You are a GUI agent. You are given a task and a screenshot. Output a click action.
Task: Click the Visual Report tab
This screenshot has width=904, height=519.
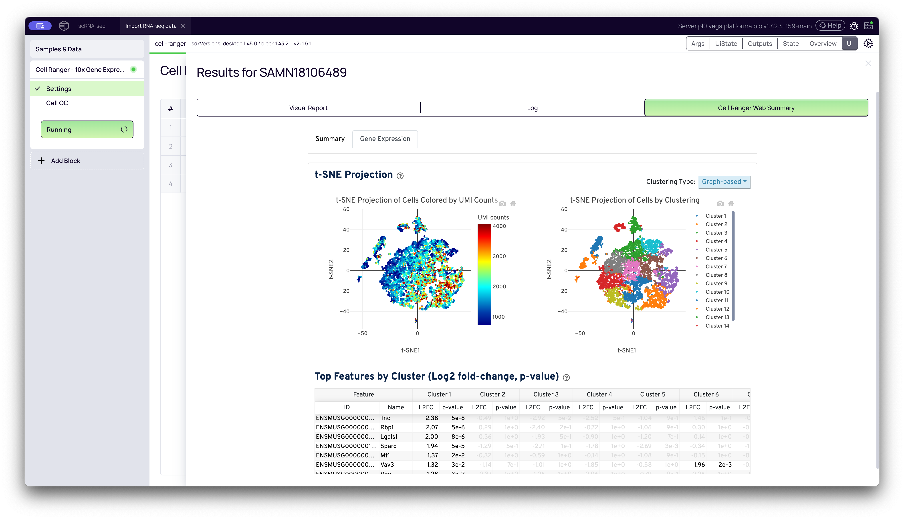[308, 108]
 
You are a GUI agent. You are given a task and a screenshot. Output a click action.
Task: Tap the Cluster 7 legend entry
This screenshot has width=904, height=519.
[716, 267]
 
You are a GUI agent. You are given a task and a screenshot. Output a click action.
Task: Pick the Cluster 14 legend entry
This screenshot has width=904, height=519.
[717, 326]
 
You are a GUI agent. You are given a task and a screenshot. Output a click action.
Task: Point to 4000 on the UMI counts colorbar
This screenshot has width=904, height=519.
[499, 226]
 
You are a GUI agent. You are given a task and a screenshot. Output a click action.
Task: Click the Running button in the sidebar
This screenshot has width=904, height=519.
[87, 129]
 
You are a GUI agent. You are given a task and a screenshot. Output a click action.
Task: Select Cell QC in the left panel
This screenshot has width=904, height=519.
[57, 103]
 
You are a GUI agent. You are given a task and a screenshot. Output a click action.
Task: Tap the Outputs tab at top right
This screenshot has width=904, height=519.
[760, 44]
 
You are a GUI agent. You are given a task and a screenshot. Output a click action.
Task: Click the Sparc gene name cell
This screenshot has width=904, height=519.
[388, 446]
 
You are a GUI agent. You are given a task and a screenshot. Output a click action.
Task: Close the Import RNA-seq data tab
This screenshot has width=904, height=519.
[183, 26]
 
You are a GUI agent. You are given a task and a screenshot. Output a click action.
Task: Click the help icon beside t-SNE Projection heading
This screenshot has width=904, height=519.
[400, 176]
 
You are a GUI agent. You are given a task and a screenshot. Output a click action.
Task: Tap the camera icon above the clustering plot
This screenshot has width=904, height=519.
[720, 203]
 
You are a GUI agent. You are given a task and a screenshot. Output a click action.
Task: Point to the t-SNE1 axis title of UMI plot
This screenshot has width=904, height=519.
[410, 350]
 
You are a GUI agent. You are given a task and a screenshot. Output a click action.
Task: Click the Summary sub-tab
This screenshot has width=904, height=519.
[330, 139]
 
